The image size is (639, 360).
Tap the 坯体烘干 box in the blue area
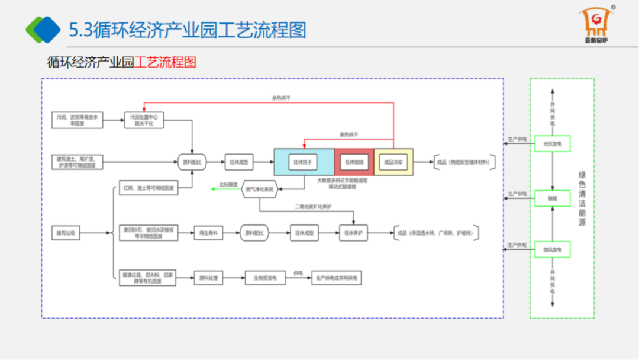point(304,162)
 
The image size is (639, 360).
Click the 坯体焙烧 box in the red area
point(354,162)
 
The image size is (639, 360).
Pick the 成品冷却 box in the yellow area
point(393,162)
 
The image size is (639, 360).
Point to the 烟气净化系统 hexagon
point(260,189)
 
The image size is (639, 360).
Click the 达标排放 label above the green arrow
point(228,185)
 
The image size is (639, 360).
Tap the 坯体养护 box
point(354,233)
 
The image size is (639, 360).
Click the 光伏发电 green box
point(552,143)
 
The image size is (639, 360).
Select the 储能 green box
point(552,198)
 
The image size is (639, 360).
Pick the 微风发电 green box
point(552,250)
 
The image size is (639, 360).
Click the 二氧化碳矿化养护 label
point(314,207)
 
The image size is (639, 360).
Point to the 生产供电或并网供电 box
point(335,278)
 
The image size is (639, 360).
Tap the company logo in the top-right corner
point(596,27)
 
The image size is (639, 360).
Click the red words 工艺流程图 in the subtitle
point(166,62)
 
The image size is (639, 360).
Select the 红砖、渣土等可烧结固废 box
point(148,188)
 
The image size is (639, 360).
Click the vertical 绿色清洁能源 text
point(582,199)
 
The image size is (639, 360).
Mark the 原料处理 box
point(208,278)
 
